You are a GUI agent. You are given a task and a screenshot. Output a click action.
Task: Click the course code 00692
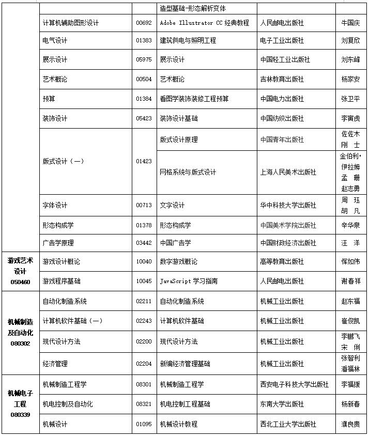pos(144,23)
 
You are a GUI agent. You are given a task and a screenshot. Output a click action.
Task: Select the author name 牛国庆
pos(350,23)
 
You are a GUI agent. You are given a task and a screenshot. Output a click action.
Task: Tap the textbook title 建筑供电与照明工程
pos(188,40)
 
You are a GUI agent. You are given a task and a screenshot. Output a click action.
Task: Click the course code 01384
pos(144,99)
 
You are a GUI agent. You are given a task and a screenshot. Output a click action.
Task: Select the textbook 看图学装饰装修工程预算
pos(194,99)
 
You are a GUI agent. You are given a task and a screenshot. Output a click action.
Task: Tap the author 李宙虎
pos(350,119)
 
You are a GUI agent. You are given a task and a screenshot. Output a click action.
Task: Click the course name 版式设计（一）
pos(63,161)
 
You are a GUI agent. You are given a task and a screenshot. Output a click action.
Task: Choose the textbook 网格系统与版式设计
pos(188,172)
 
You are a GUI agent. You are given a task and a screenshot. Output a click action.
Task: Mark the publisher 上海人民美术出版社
pos(288,172)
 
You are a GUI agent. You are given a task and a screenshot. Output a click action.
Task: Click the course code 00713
pos(144,205)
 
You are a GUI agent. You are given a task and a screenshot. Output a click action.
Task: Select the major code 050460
pos(20,282)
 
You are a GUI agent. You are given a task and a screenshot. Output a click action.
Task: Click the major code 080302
pos(20,343)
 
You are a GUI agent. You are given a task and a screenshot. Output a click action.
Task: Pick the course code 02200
pos(144,341)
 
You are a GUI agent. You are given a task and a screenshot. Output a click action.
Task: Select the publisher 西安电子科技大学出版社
pos(295,384)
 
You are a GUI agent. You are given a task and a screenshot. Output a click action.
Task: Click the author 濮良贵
pos(350,424)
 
